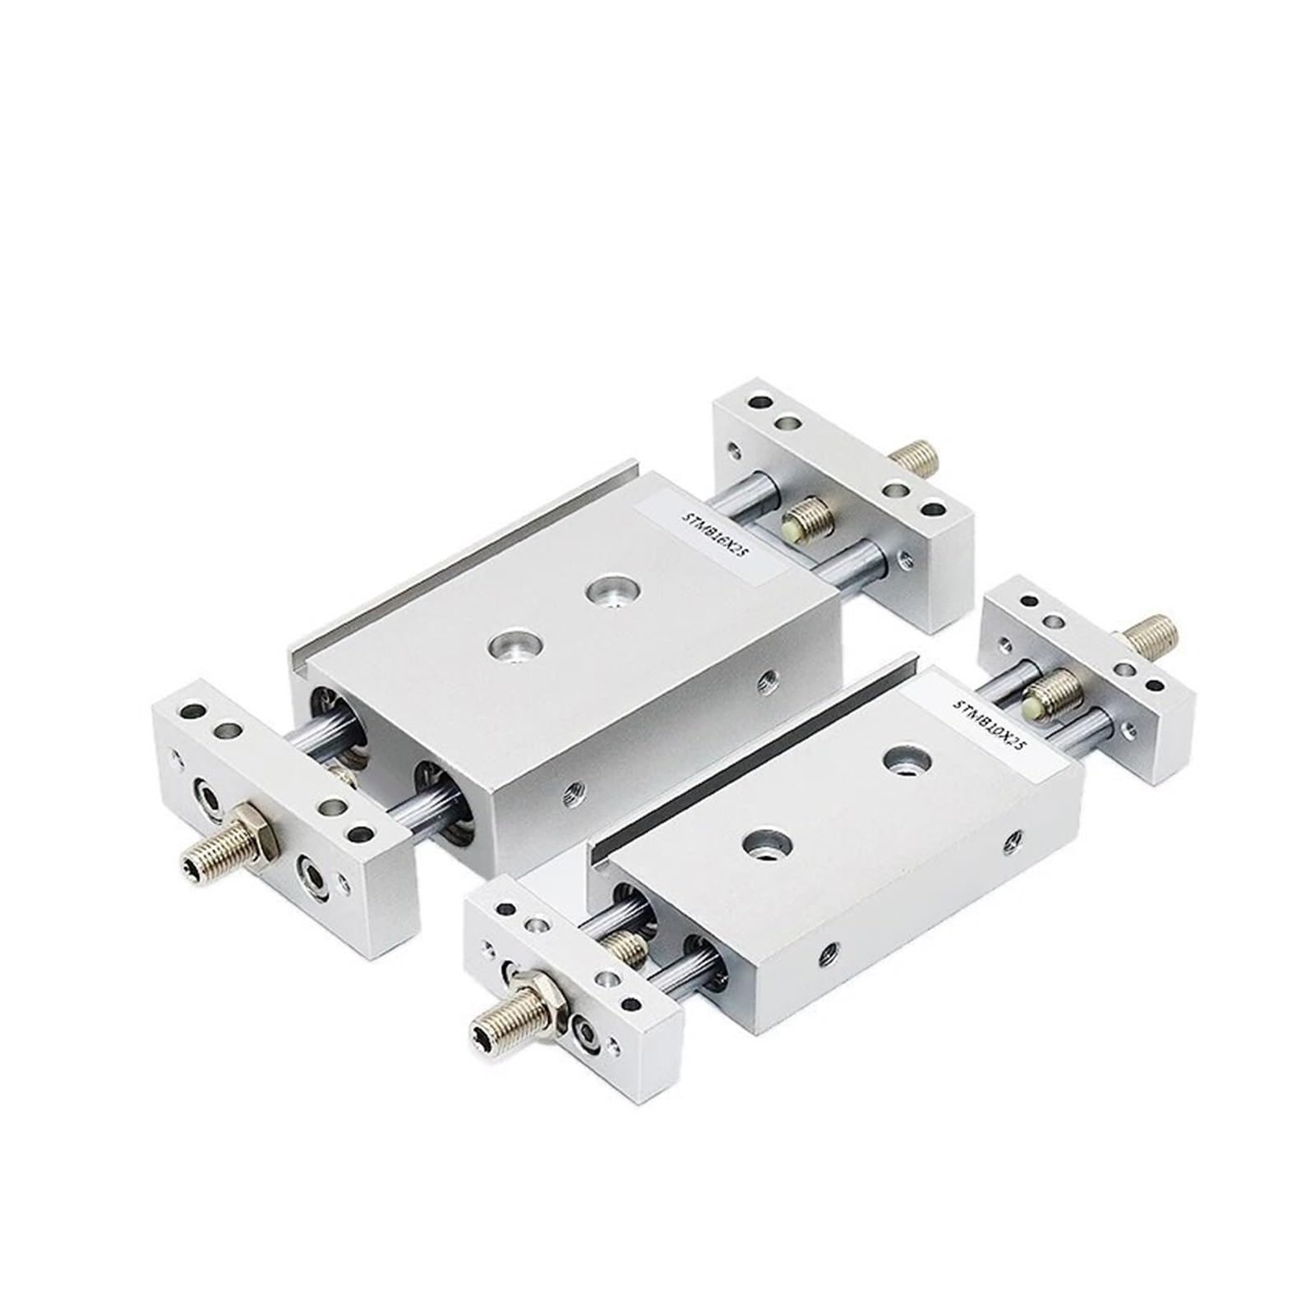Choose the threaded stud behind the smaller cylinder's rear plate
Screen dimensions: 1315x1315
click(x=1150, y=637)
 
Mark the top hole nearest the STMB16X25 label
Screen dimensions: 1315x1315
click(x=608, y=592)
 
